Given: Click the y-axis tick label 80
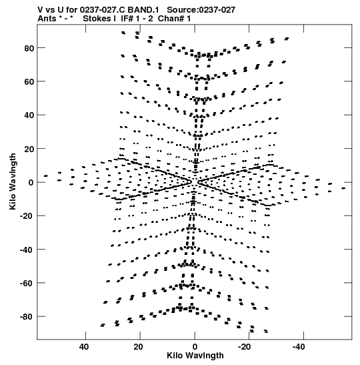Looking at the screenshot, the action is pos(29,48).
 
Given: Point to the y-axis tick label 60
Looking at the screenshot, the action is pos(29,81).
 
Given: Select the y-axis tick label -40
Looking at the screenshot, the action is pos(27,250).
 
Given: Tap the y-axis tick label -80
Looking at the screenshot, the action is pos(27,317).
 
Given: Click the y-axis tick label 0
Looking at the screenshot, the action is pos(31,183).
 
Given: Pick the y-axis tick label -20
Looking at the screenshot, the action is pos(27,216).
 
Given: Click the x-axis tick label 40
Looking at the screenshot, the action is pos(84,347).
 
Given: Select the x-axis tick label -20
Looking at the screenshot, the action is pos(245,347).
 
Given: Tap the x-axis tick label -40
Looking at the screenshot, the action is pos(299,347).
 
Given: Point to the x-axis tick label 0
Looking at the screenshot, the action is pos(195,347).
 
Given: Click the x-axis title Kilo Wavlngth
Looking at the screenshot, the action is pos(195,356).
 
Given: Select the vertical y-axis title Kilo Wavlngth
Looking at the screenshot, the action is pos(13,181).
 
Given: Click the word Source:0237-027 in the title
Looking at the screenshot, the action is pos(201,10).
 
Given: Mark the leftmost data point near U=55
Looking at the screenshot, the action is pos(46,176).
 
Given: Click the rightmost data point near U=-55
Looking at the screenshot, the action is pos(343,188).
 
